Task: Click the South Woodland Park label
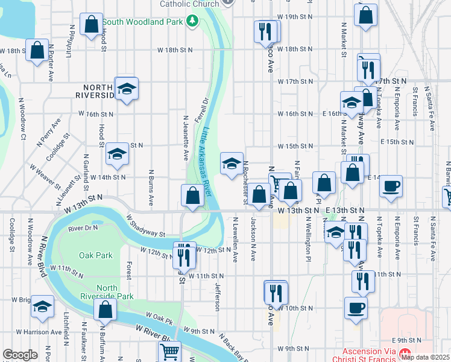pyautogui.click(x=143, y=22)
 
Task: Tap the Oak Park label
pyautogui.click(x=96, y=255)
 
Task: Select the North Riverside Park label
pyautogui.click(x=107, y=292)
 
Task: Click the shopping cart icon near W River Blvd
pyautogui.click(x=169, y=351)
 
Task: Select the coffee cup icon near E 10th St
pyautogui.click(x=356, y=307)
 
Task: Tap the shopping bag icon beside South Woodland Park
pyautogui.click(x=91, y=24)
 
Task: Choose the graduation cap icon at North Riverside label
pyautogui.click(x=127, y=88)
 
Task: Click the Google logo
pyautogui.click(x=20, y=355)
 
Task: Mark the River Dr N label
pyautogui.click(x=83, y=228)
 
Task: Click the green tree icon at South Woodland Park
pyautogui.click(x=192, y=22)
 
